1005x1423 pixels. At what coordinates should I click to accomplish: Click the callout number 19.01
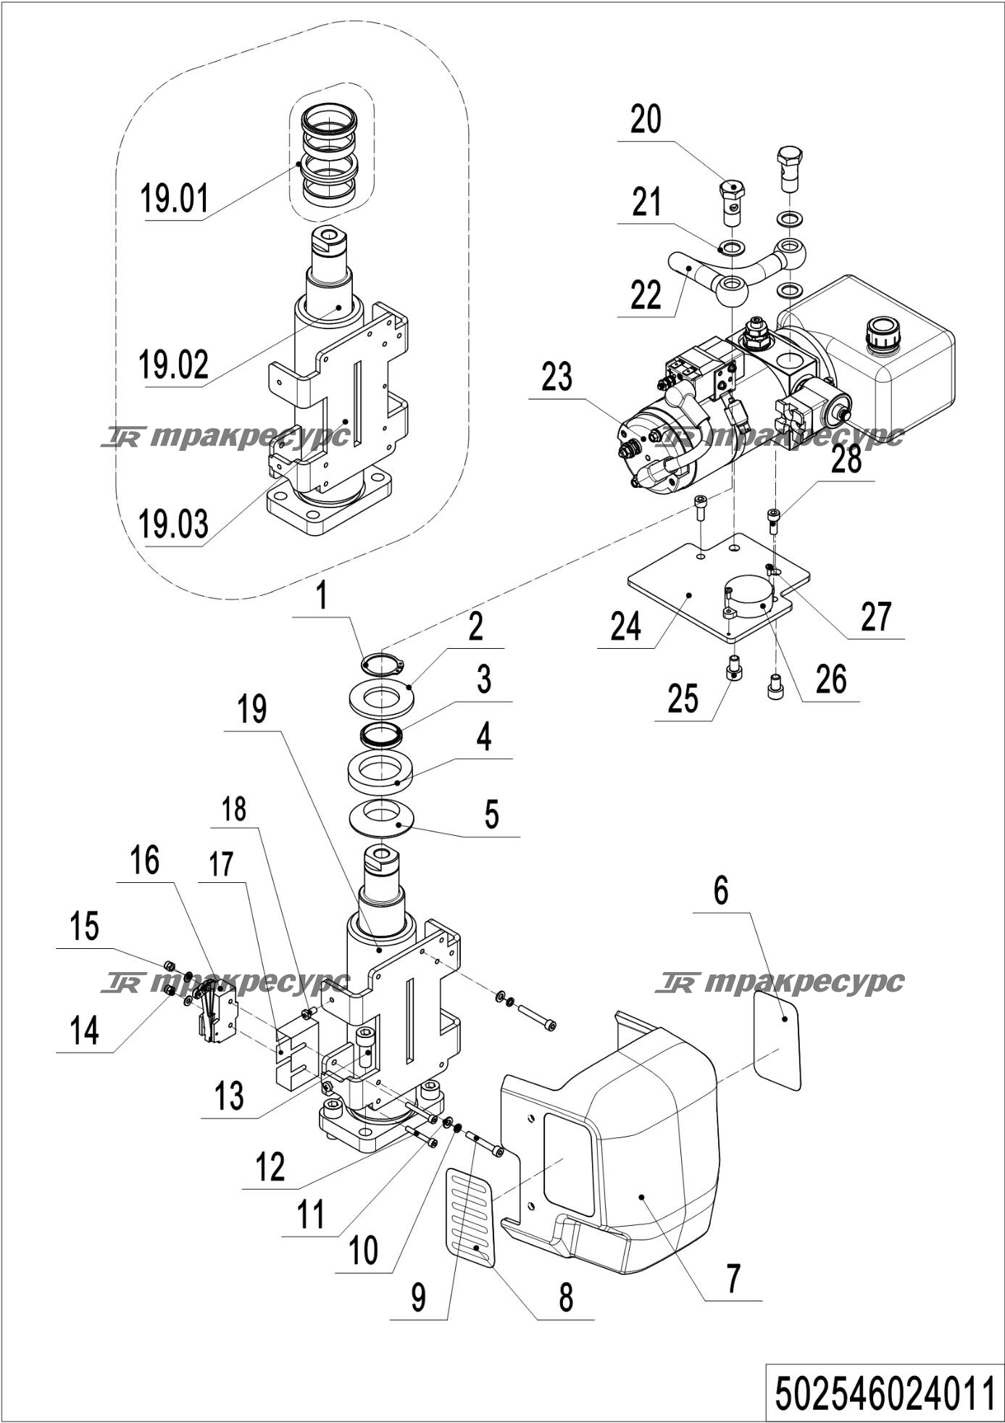(175, 199)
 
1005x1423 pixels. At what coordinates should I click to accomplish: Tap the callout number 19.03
(175, 524)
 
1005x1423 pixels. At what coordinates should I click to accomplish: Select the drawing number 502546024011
(885, 1393)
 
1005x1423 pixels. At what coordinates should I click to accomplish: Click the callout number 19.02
(174, 365)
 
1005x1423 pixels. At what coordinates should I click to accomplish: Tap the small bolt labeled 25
(734, 668)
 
